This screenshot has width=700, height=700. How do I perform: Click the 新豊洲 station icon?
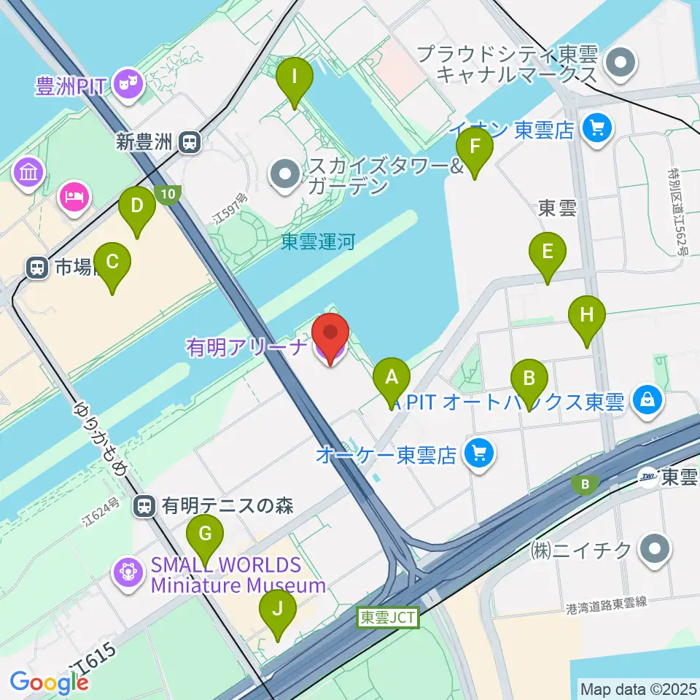[x=190, y=142]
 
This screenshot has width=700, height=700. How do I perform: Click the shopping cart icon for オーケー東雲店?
[x=480, y=455]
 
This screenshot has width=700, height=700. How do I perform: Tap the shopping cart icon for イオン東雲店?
[x=598, y=130]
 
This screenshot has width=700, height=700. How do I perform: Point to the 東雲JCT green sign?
[x=388, y=618]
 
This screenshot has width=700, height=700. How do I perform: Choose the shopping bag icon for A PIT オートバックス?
[x=647, y=400]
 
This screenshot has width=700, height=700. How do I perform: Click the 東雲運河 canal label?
[x=318, y=241]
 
